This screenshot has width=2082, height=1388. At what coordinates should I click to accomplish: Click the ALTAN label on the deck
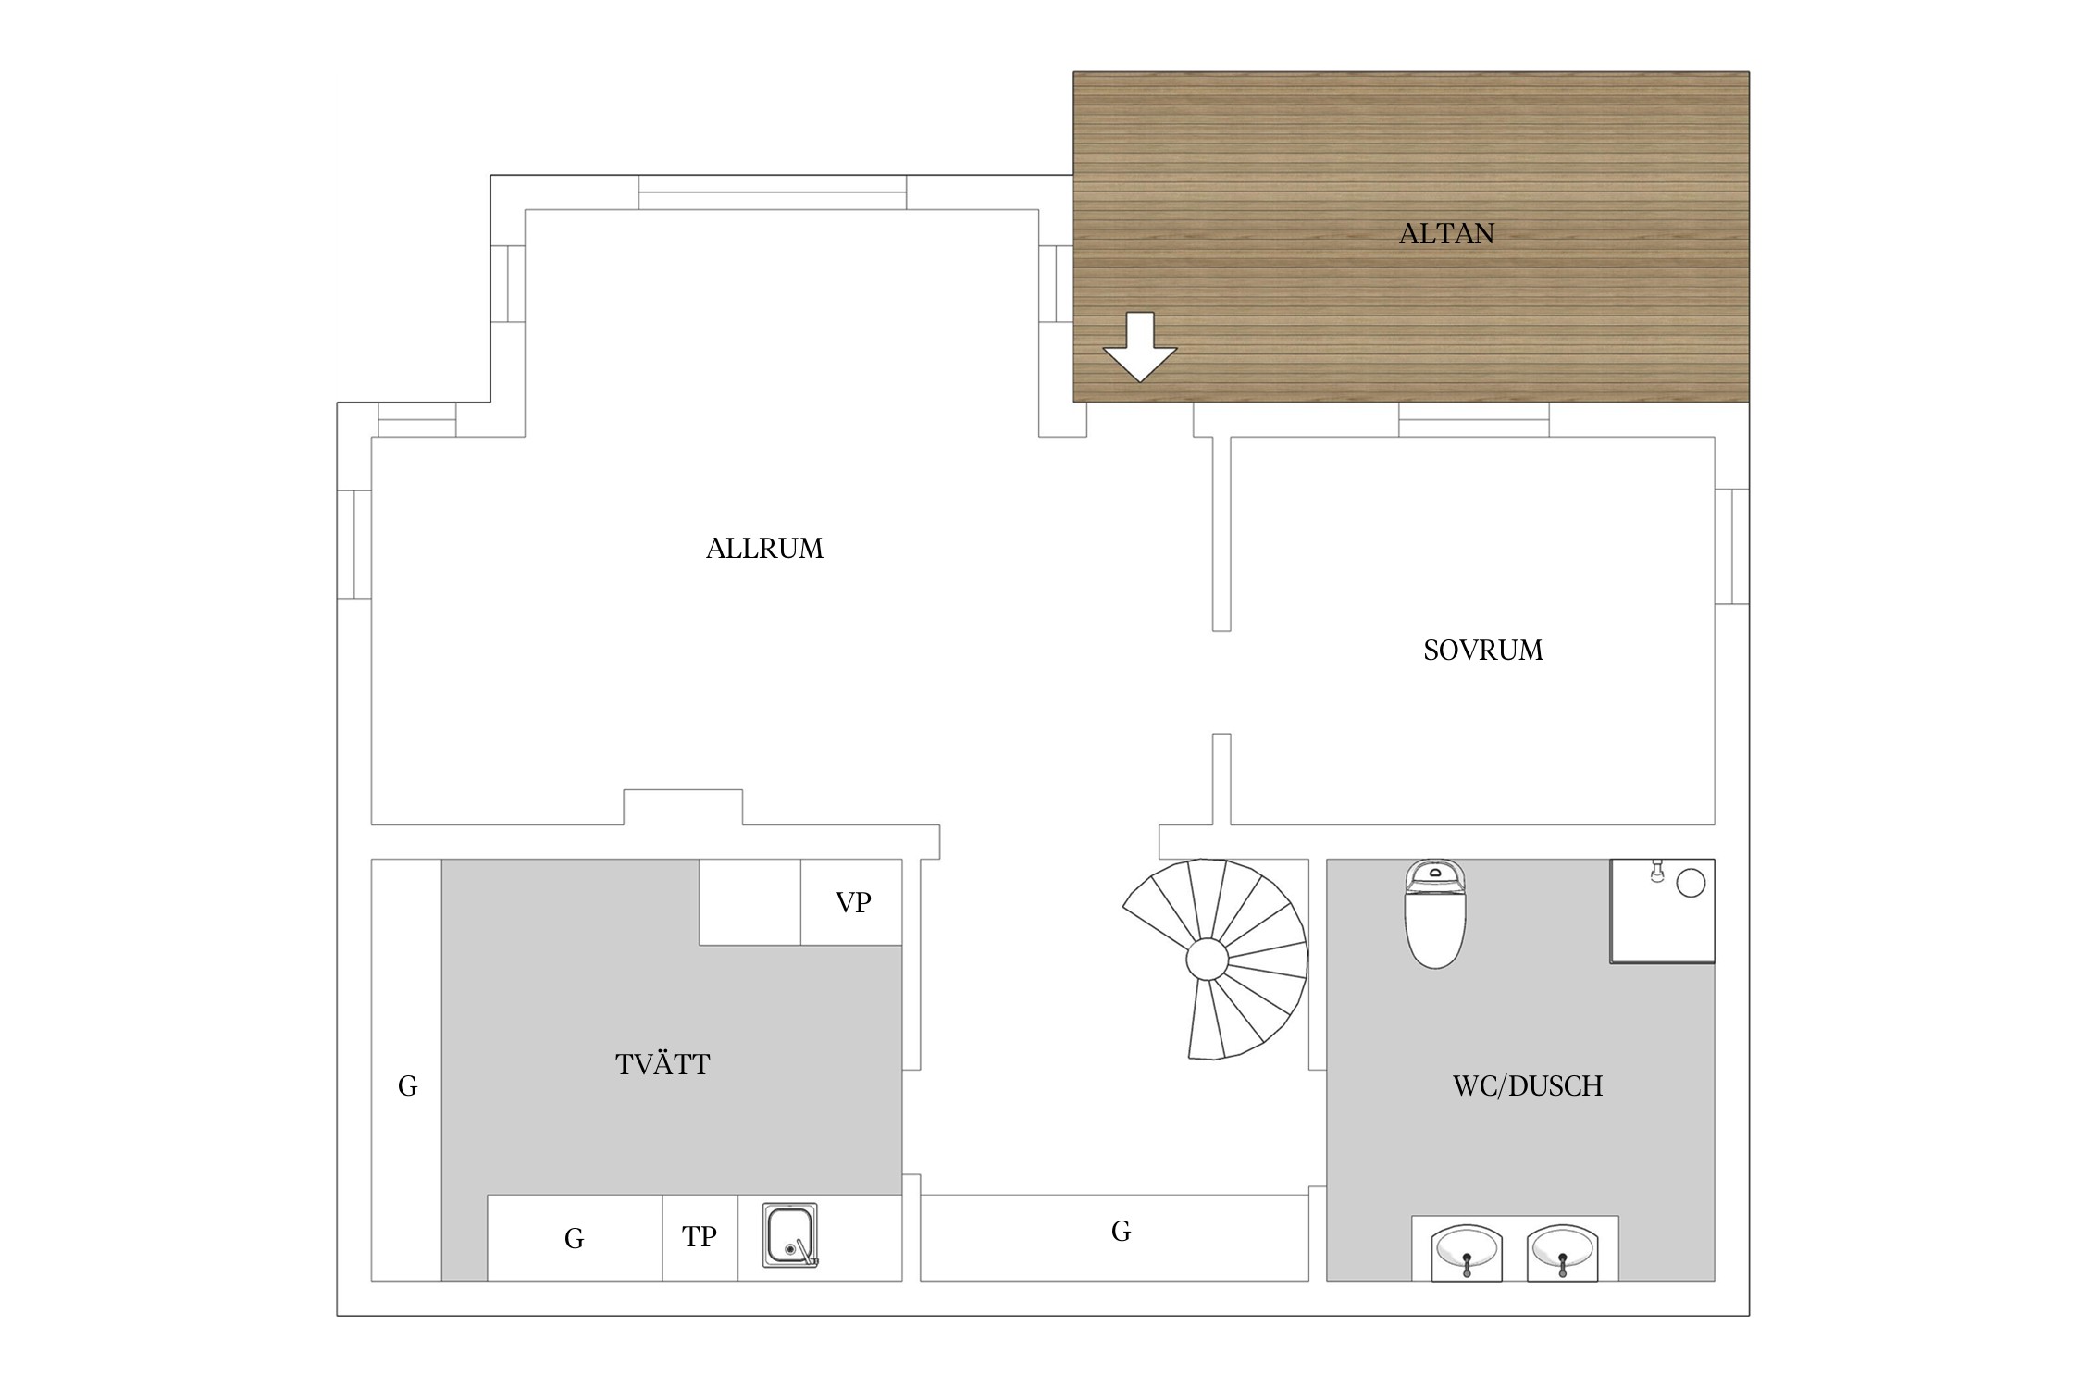pos(1446,233)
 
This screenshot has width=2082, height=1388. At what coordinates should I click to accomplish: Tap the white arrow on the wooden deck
pos(1140,347)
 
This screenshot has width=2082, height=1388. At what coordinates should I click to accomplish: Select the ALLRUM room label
pos(764,549)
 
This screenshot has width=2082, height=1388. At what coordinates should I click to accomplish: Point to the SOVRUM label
pos(1483,651)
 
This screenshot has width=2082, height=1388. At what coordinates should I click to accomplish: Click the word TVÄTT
pos(663,1064)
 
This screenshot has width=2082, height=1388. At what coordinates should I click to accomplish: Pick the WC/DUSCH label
pos(1528,1085)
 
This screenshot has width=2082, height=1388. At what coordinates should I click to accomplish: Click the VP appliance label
pos(853,902)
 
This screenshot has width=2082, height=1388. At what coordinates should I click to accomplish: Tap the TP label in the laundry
pos(700,1236)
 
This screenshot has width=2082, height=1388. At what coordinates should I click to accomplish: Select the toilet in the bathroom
pos(1435,913)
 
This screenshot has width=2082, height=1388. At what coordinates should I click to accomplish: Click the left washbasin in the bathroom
pos(1467,1252)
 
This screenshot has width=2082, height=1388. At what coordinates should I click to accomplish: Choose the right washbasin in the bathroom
pos(1563,1252)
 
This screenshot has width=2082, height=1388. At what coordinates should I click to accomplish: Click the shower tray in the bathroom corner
pos(1663,911)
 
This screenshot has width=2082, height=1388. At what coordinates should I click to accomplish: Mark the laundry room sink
pos(790,1235)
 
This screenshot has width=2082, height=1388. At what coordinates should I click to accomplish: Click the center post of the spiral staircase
pos(1208,960)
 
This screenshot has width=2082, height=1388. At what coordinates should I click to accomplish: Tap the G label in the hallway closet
pos(1121,1232)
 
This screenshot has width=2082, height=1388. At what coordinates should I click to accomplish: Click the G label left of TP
pos(574,1239)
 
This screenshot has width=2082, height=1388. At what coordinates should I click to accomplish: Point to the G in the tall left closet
pos(407,1086)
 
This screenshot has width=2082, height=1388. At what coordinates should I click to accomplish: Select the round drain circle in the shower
pos(1691,884)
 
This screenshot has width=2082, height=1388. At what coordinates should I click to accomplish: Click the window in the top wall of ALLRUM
pos(773,192)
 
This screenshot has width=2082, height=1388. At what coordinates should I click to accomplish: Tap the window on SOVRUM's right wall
pos(1732,546)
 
